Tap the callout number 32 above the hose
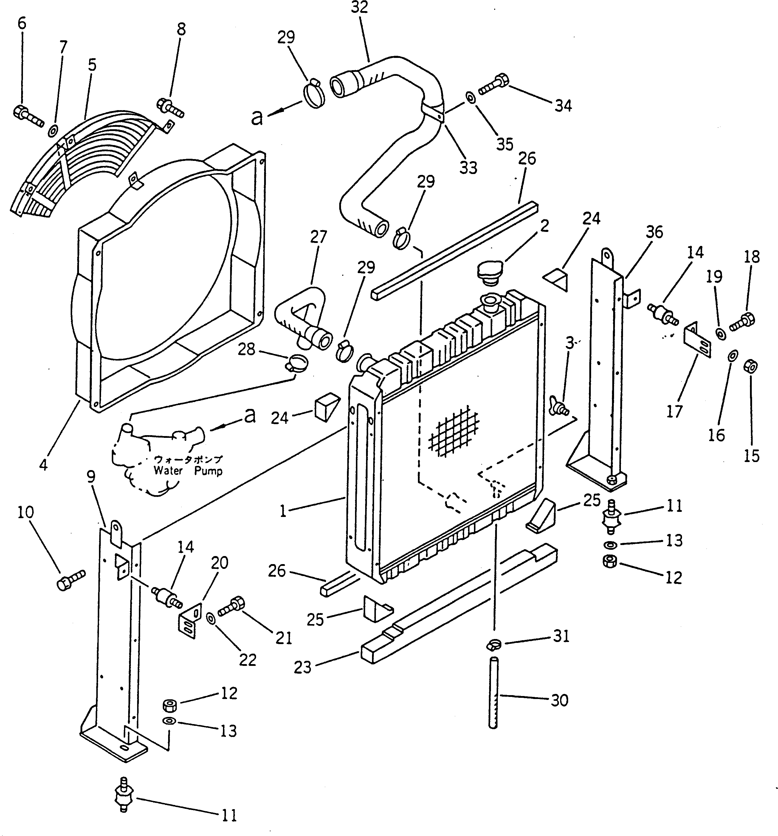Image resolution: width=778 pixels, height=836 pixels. click(359, 7)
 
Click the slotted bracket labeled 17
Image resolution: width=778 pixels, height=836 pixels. click(697, 343)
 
